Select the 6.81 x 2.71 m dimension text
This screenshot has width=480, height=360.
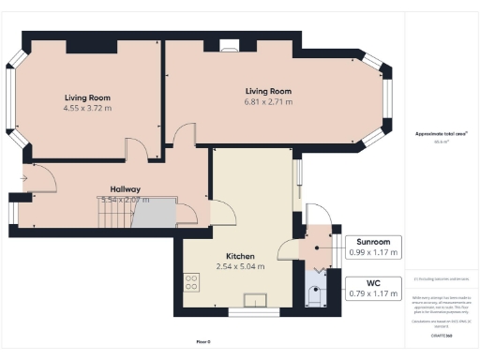[268, 100]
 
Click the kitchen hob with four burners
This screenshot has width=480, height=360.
[193, 280]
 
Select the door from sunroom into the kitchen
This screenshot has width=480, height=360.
[289, 247]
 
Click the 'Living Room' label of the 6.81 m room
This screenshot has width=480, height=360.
[268, 90]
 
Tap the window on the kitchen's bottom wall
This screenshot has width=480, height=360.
[253, 308]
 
